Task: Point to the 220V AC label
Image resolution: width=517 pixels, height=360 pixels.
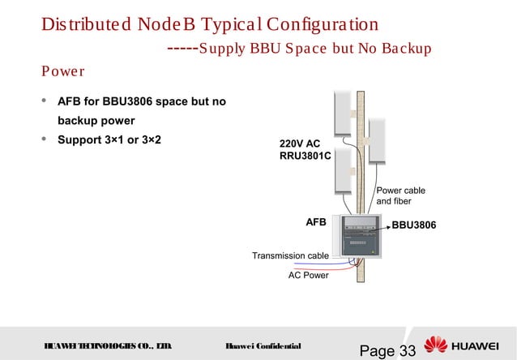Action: [x=299, y=143]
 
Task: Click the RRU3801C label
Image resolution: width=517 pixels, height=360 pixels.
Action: [x=305, y=156]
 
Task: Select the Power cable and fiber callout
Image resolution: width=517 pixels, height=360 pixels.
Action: [x=400, y=195]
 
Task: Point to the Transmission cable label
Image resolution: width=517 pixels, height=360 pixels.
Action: [x=290, y=255]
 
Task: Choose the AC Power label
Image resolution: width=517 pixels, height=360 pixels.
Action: [x=309, y=275]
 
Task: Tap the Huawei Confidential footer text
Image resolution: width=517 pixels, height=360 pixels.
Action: [x=263, y=346]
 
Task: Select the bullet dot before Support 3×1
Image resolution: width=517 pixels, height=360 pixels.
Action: [x=44, y=139]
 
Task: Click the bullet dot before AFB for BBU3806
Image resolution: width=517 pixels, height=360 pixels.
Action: [x=44, y=101]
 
